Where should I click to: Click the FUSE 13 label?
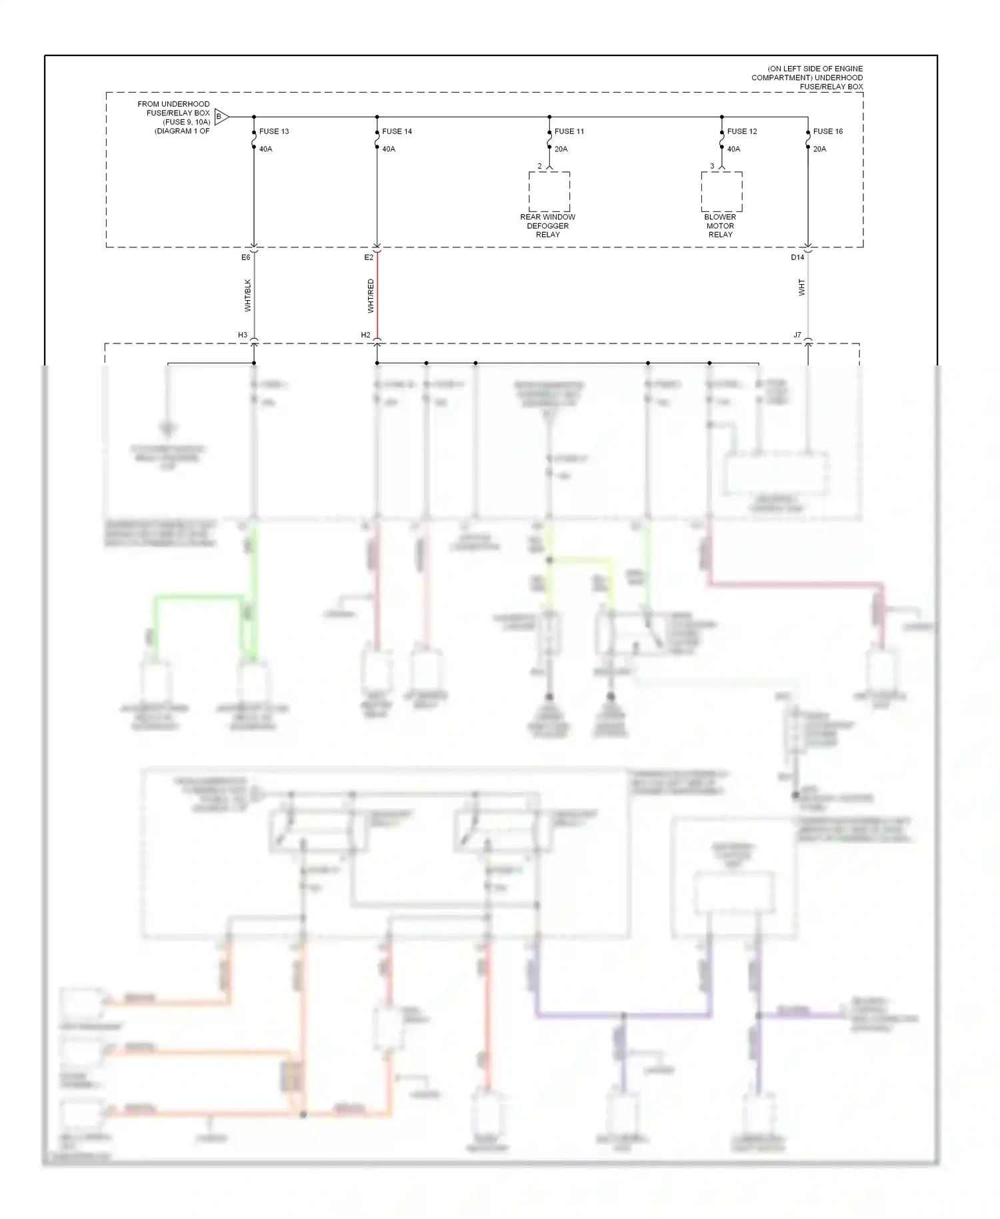pyautogui.click(x=273, y=131)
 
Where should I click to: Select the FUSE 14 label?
pyautogui.click(x=397, y=131)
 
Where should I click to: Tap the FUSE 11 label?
pyautogui.click(x=569, y=131)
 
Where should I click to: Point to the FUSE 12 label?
pyautogui.click(x=741, y=131)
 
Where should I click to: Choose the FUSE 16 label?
pyautogui.click(x=827, y=131)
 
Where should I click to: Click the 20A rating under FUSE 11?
pyautogui.click(x=561, y=149)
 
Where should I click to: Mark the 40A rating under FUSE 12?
pyautogui.click(x=733, y=149)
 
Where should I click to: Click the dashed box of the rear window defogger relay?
pyautogui.click(x=549, y=192)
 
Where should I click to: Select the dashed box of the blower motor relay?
pyautogui.click(x=721, y=192)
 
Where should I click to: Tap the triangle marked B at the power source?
pyautogui.click(x=221, y=117)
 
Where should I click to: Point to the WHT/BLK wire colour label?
pyautogui.click(x=248, y=295)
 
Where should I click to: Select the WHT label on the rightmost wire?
pyautogui.click(x=801, y=287)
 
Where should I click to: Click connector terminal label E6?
pyautogui.click(x=245, y=257)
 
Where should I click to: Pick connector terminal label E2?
pyautogui.click(x=369, y=257)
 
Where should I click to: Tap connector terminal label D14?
pyautogui.click(x=797, y=257)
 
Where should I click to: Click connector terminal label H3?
pyautogui.click(x=243, y=335)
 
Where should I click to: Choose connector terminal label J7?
pyautogui.click(x=797, y=335)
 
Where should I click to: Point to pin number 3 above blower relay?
pyautogui.click(x=712, y=166)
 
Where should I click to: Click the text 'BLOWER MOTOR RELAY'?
pyautogui.click(x=720, y=225)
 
